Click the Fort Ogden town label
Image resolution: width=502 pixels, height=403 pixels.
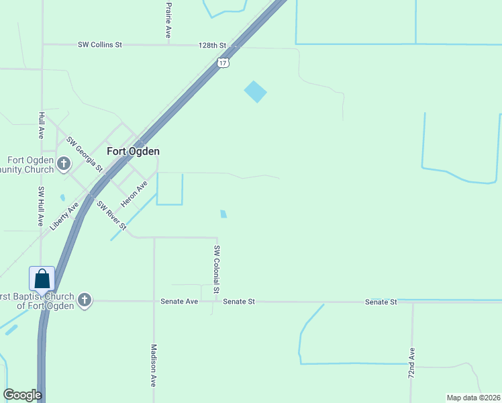tap(133, 152)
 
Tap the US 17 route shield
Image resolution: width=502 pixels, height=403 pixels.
tap(223, 62)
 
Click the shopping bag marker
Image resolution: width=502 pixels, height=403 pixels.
tap(42, 279)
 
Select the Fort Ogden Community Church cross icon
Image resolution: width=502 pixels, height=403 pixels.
tap(64, 163)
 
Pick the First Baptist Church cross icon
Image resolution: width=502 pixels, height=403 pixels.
tap(85, 300)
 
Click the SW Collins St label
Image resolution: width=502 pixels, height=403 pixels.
tap(100, 45)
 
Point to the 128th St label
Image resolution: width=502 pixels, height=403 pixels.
tap(213, 45)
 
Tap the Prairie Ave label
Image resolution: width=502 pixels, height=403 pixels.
tap(168, 18)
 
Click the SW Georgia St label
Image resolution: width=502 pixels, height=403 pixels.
tap(85, 153)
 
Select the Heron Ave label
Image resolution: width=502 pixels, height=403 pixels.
tap(134, 193)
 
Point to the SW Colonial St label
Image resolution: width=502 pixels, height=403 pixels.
tap(216, 269)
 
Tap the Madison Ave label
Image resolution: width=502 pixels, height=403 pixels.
tap(154, 365)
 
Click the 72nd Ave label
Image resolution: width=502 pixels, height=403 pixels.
tap(412, 363)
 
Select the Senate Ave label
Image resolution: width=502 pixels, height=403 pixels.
tap(179, 302)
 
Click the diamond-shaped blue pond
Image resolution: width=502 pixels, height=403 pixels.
tap(255, 91)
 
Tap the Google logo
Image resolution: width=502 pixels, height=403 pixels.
tap(22, 395)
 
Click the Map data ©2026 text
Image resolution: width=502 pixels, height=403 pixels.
tap(472, 398)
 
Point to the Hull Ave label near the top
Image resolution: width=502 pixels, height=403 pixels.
tap(42, 125)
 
